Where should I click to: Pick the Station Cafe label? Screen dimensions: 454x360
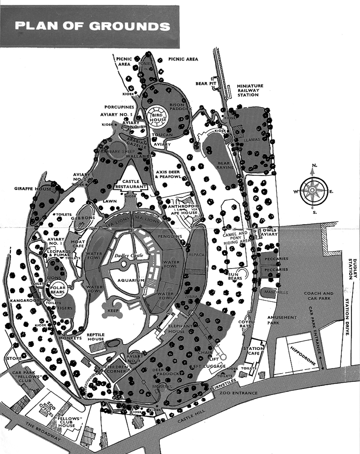point(253,351)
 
